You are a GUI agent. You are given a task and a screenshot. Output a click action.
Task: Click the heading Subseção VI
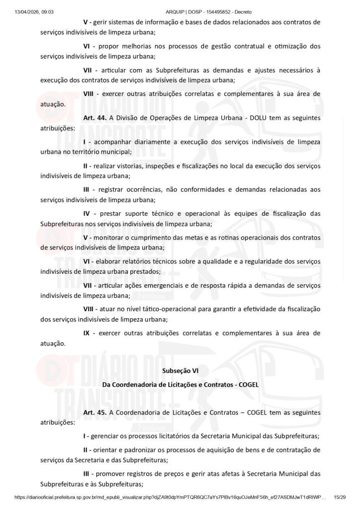(x=180, y=370)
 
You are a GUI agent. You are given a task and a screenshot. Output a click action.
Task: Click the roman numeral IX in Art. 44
(x=87, y=333)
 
